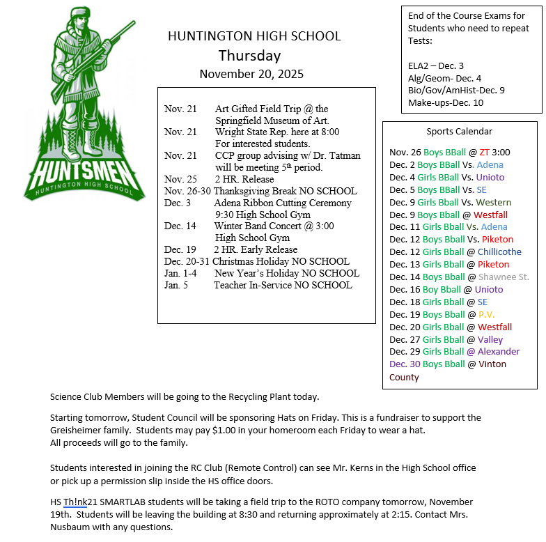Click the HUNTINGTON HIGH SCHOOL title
click(x=254, y=36)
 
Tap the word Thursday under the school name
click(x=249, y=56)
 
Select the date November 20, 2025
click(x=251, y=74)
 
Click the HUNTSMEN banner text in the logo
click(x=78, y=171)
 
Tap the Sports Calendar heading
click(x=459, y=131)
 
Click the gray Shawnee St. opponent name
click(x=504, y=277)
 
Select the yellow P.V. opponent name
click(x=486, y=314)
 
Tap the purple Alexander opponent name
click(x=498, y=352)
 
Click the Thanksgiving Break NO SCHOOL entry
click(x=285, y=191)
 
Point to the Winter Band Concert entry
click(x=274, y=226)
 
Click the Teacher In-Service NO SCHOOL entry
click(x=282, y=285)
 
